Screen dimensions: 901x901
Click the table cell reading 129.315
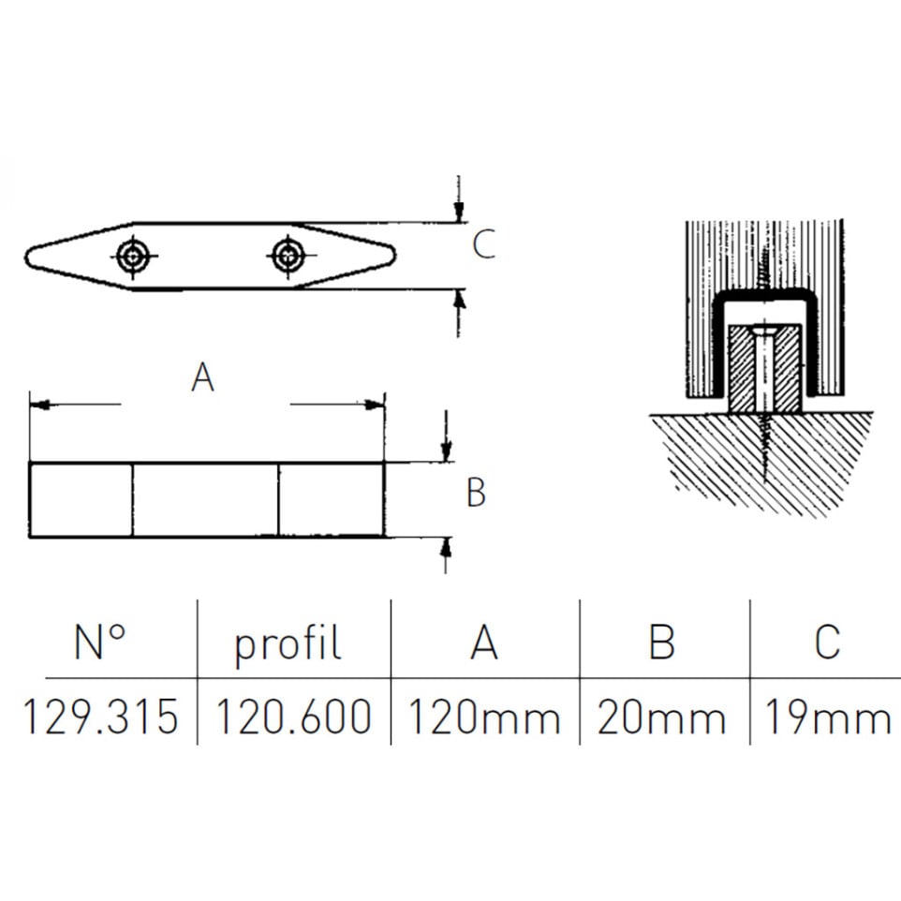[x=100, y=716]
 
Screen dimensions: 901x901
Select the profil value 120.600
[x=294, y=716]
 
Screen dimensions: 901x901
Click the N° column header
[x=100, y=641]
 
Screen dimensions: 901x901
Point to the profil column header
[x=288, y=644]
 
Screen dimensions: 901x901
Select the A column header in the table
[x=484, y=641]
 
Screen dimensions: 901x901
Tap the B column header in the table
[x=661, y=641]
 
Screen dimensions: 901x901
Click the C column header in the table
[x=827, y=641]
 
